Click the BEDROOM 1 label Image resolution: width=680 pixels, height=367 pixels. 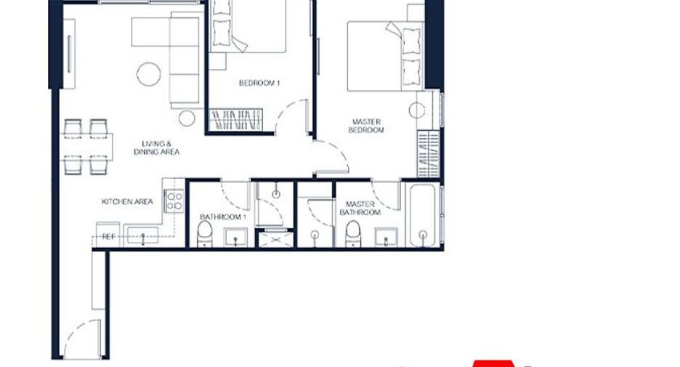click(259, 83)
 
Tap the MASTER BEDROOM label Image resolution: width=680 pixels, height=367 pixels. click(366, 126)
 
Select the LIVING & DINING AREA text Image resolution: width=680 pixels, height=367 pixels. click(156, 148)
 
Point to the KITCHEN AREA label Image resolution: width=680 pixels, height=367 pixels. click(127, 202)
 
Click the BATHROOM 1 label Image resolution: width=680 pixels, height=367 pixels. click(223, 217)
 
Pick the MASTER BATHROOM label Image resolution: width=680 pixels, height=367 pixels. click(360, 209)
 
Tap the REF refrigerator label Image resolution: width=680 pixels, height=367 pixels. click(108, 237)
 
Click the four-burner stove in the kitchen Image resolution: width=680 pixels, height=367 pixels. click(174, 201)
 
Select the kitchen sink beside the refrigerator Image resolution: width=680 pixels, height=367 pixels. click(142, 236)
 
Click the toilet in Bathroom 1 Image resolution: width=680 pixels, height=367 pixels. click(205, 234)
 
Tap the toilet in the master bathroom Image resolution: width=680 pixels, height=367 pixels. click(353, 234)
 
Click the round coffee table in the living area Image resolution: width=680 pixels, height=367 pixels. click(149, 74)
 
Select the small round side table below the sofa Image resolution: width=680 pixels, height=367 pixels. click(187, 118)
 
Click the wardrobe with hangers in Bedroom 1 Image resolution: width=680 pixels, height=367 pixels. click(236, 120)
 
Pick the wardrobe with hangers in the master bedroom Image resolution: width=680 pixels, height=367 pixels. click(429, 153)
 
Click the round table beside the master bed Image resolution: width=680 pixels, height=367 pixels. click(417, 110)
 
